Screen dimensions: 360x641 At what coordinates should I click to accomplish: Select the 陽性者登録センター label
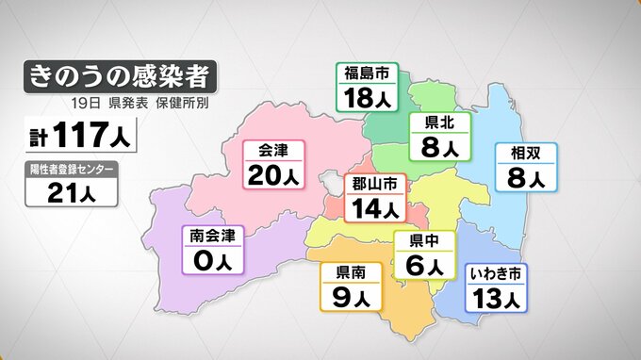click(x=72, y=170)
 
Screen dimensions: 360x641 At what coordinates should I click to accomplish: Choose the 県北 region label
click(x=435, y=123)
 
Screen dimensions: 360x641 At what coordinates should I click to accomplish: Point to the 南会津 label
click(x=212, y=235)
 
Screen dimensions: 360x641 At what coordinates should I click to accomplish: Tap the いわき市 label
click(x=495, y=274)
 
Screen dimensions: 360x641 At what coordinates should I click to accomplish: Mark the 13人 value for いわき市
click(x=495, y=300)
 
